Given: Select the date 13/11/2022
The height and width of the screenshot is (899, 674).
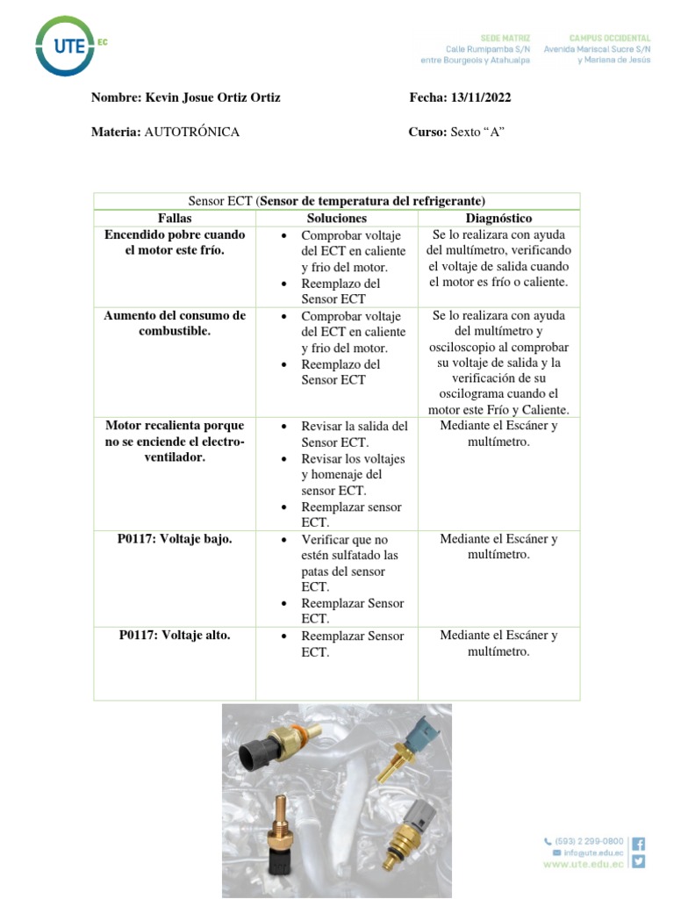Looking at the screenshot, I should pos(481,97).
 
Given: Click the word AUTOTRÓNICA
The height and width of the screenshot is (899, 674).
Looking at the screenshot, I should pos(191,132).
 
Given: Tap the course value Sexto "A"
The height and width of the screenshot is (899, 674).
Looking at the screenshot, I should pos(477,132).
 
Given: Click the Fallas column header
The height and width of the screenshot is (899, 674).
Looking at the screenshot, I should pos(175,218).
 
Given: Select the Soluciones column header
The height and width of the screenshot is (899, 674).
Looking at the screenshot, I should pos(337,218).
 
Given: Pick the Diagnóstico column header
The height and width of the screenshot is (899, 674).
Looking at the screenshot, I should pos(498,218).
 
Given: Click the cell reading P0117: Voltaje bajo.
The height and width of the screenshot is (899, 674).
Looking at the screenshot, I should pos(175,539).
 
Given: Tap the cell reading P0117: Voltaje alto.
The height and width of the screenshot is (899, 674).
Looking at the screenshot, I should pos(175,636).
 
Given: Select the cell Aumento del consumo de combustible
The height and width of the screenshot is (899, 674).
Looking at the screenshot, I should pos(175,323).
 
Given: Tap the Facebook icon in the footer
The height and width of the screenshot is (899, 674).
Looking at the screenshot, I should pos(638,843).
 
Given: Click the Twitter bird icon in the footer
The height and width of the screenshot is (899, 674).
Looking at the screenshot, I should pos(638,861).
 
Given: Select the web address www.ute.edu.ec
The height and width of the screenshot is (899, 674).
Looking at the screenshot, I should pos(584,864).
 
